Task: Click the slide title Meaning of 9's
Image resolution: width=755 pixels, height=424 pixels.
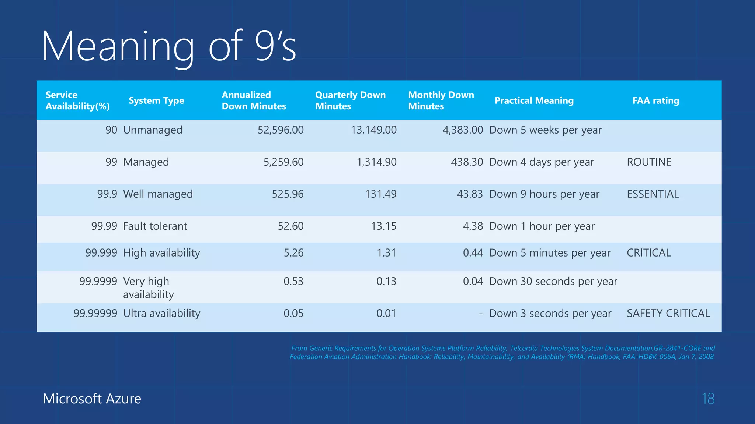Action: [169, 47]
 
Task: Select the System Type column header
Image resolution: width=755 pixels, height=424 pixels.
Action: [156, 100]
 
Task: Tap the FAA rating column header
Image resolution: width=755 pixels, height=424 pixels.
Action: [655, 100]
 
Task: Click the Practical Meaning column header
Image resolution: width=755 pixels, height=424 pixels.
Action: [534, 100]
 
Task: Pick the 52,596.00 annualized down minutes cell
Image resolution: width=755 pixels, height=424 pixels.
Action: [281, 130]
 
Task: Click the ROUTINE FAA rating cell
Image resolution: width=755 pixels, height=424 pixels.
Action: [649, 162]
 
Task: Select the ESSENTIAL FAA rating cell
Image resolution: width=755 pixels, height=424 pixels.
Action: [653, 194]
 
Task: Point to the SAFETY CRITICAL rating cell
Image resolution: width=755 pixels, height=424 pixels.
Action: [668, 313]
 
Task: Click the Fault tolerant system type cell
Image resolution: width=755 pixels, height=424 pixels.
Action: [155, 226]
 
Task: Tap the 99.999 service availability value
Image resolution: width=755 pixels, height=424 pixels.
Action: [101, 253]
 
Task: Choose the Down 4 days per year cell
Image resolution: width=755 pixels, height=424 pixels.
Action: [541, 162]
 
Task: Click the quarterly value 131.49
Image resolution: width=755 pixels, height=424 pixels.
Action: [380, 194]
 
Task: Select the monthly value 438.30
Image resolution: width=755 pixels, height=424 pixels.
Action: [467, 162]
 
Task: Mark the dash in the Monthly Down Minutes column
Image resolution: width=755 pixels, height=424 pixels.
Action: [481, 314]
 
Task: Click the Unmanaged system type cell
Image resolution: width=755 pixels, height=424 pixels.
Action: [153, 130]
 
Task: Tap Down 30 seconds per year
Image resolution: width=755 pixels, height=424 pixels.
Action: [553, 281]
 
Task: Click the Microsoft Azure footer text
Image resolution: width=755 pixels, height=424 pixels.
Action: [92, 399]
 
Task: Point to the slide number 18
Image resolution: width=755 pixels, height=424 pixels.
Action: [708, 399]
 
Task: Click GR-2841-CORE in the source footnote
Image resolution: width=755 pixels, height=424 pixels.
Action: [677, 348]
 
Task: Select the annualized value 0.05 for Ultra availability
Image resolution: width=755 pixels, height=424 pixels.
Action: [293, 313]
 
